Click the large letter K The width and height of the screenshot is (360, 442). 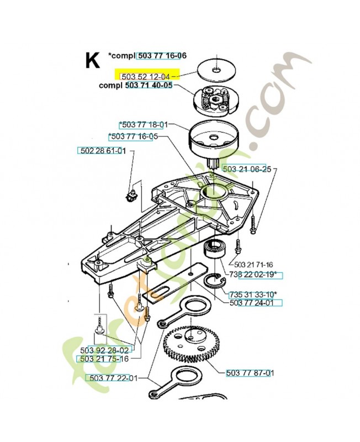tap(92, 60)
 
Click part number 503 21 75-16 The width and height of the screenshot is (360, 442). tap(103, 359)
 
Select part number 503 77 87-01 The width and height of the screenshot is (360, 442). tap(250, 373)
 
